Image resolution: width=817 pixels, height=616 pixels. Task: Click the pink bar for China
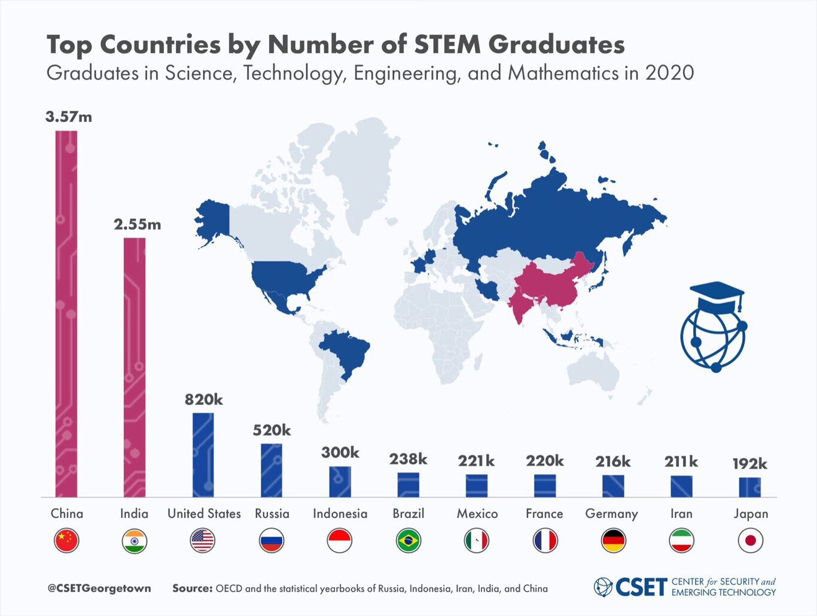(x=66, y=314)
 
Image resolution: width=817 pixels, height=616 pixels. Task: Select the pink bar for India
(x=135, y=367)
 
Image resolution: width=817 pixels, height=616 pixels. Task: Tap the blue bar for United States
(x=203, y=455)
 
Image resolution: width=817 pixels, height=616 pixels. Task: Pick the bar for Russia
(x=272, y=470)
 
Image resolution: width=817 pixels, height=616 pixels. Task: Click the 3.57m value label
(x=69, y=117)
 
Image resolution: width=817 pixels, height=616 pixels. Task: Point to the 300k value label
(x=340, y=452)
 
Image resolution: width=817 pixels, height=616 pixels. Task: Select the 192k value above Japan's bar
(x=749, y=463)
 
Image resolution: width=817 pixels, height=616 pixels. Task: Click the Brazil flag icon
(x=408, y=541)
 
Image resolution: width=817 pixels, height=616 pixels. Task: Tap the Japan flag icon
(x=750, y=541)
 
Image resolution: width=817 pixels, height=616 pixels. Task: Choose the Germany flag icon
(x=613, y=541)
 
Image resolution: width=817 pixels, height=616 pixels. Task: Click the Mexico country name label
(x=477, y=514)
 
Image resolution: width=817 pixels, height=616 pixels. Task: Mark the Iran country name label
(x=681, y=514)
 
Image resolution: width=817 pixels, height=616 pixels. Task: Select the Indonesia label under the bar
(x=340, y=514)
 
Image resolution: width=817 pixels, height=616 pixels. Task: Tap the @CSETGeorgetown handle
(x=99, y=588)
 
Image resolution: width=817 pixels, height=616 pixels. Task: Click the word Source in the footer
(x=192, y=588)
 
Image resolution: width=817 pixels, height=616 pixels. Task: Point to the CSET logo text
(x=641, y=587)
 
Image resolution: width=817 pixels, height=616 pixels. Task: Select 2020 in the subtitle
(x=669, y=73)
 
